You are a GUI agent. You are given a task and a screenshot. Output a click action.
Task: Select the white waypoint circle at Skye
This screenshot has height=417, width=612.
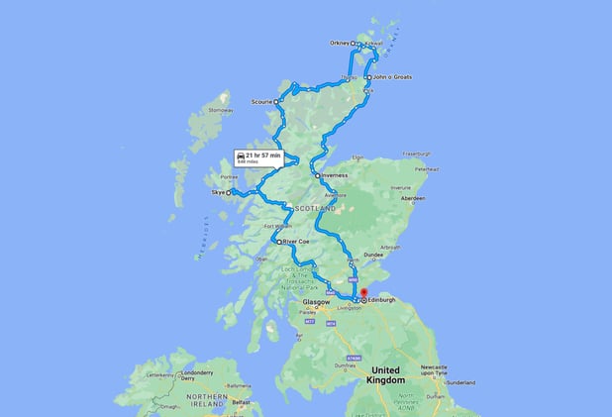point(229,193)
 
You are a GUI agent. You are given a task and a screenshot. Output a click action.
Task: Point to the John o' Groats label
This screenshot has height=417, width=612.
point(392,77)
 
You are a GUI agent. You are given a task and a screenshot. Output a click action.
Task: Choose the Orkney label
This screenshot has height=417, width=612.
point(338,44)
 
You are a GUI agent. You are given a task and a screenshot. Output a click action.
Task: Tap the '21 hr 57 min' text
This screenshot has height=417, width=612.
point(262,155)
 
